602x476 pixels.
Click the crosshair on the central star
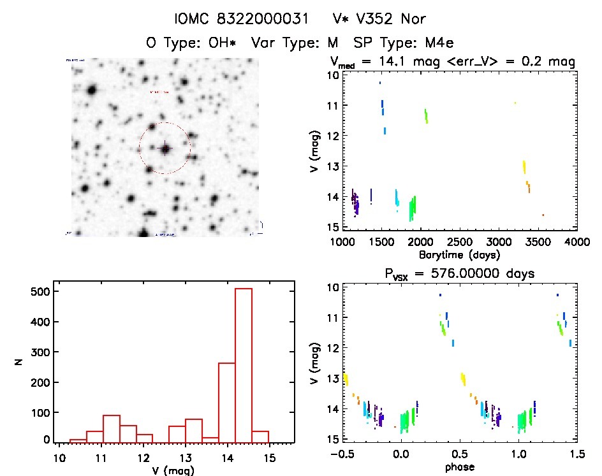(165, 148)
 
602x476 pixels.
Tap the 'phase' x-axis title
(459, 466)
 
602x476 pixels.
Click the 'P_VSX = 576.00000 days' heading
(459, 273)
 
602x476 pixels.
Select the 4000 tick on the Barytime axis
(576, 242)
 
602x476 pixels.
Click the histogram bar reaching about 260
(227, 401)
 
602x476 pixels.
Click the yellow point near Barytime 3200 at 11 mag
(515, 103)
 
